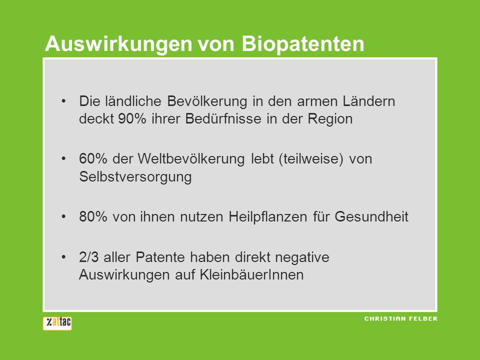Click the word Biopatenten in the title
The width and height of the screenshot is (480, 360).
point(303,44)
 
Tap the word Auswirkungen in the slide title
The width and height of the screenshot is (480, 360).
point(118,44)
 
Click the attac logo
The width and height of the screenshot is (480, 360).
point(57,323)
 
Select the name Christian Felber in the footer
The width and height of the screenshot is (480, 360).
point(400,318)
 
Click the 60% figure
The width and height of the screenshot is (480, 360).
point(93,159)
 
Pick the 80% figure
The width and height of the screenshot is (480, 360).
point(93,216)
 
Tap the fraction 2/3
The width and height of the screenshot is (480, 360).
point(89,257)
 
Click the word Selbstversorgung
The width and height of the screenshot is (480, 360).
point(135,177)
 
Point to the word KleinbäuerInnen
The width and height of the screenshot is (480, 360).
point(251,274)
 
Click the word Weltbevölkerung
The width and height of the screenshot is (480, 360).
point(191,159)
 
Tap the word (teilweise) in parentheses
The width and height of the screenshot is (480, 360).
point(311,159)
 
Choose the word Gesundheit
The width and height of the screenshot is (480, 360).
point(371,216)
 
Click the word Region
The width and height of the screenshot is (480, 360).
point(330,119)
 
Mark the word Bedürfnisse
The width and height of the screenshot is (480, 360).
point(223,119)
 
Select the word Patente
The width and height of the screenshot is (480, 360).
point(160,257)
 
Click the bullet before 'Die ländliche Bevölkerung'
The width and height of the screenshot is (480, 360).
point(63,101)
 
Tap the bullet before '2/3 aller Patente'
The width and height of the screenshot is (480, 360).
point(63,257)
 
